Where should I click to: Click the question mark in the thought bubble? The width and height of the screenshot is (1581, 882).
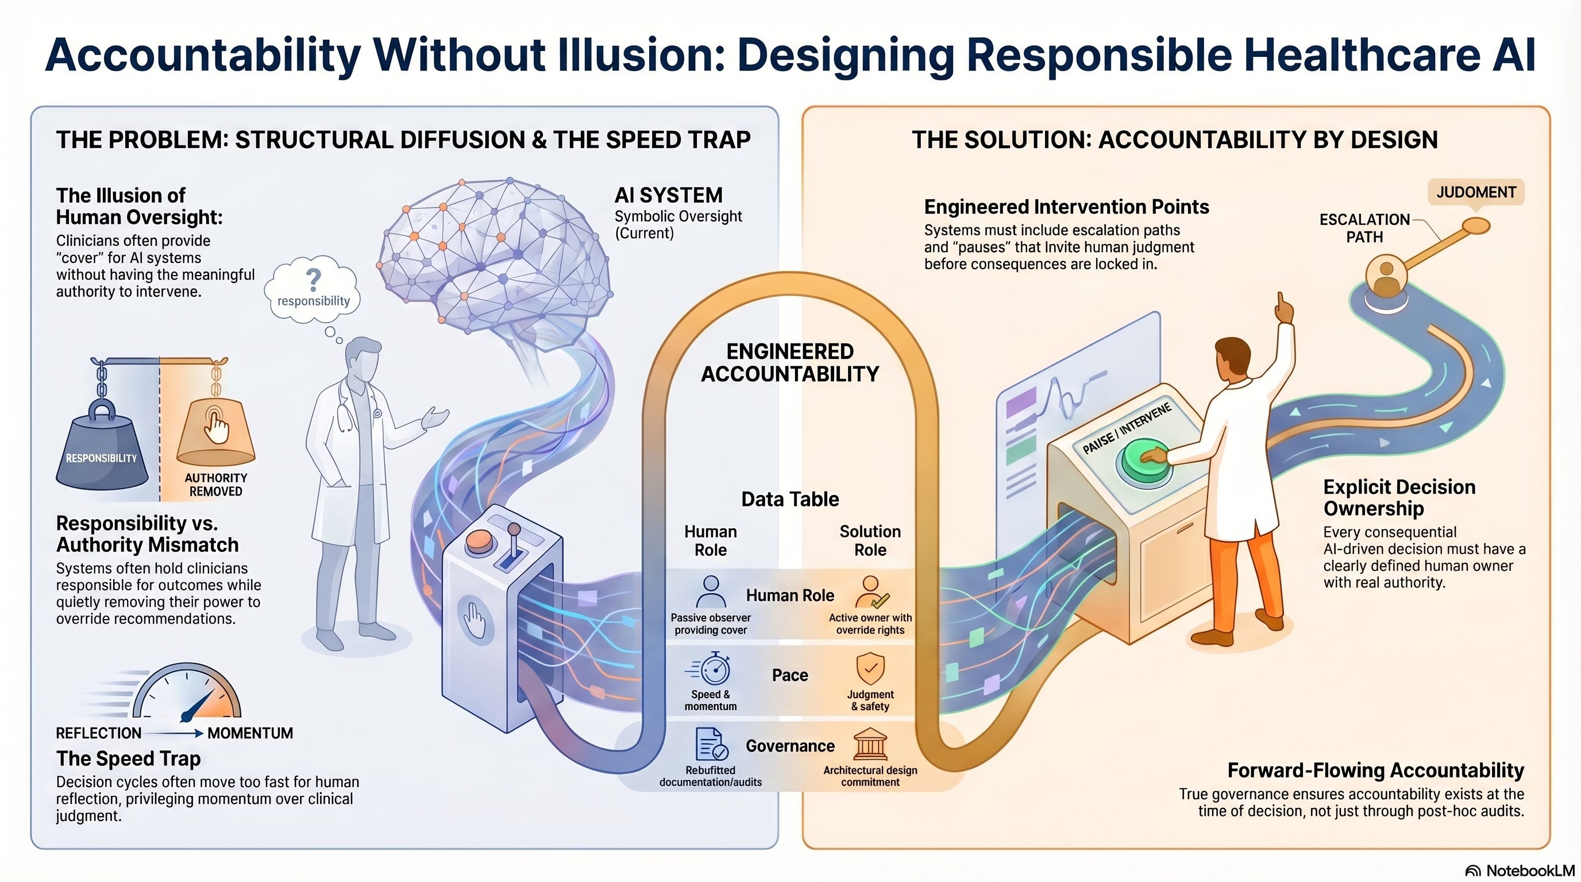coord(314,280)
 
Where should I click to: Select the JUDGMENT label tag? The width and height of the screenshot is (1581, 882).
coord(1475,192)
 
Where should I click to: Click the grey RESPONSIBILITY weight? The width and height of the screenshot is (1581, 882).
coord(102,451)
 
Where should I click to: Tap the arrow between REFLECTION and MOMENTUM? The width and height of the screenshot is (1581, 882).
coord(174,733)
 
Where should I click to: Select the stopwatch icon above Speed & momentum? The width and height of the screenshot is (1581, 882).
coord(713,669)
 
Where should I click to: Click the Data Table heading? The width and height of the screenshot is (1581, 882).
coord(790,499)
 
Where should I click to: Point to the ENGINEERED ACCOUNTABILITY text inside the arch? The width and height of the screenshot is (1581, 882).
coord(790,362)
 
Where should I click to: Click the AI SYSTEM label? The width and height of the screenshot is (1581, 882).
coord(668,195)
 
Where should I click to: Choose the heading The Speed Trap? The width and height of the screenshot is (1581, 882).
coord(128,759)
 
